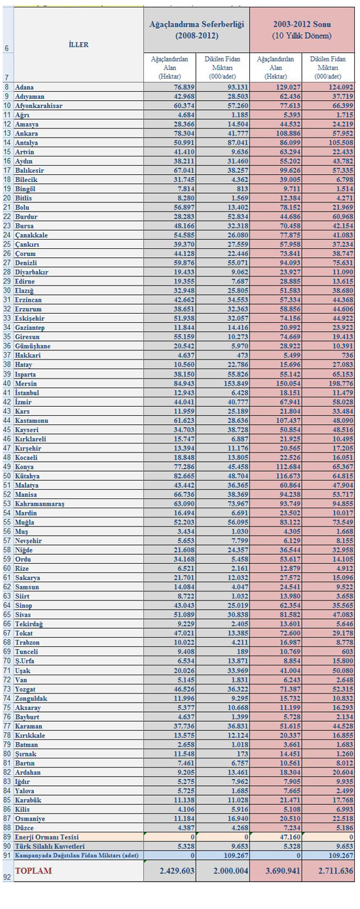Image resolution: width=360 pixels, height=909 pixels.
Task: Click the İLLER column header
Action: coord(79,45)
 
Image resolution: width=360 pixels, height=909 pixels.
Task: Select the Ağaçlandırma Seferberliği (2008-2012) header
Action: coord(196,30)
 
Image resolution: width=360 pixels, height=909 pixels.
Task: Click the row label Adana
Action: coord(24,87)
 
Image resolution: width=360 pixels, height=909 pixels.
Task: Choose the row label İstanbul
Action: coord(27,393)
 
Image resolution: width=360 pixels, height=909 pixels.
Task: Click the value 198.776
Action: coord(342,384)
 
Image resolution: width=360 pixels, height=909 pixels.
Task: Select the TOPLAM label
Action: coord(33,871)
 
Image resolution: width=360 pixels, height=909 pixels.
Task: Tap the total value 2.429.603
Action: coord(177,871)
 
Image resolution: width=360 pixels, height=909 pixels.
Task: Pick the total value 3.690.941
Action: coord(283,871)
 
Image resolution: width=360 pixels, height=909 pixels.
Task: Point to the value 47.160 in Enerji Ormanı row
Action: coord(290,837)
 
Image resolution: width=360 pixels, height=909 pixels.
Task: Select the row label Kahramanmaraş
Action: coord(40,504)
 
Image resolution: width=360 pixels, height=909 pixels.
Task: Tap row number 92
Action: coord(7,877)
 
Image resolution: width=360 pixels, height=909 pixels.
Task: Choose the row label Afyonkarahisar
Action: coord(39,106)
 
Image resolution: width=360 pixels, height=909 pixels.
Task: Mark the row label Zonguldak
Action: coord(31,698)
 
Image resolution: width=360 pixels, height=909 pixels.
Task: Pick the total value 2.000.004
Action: coord(230,871)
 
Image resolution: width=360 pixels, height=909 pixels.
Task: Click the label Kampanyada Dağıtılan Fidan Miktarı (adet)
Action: coord(77,855)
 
